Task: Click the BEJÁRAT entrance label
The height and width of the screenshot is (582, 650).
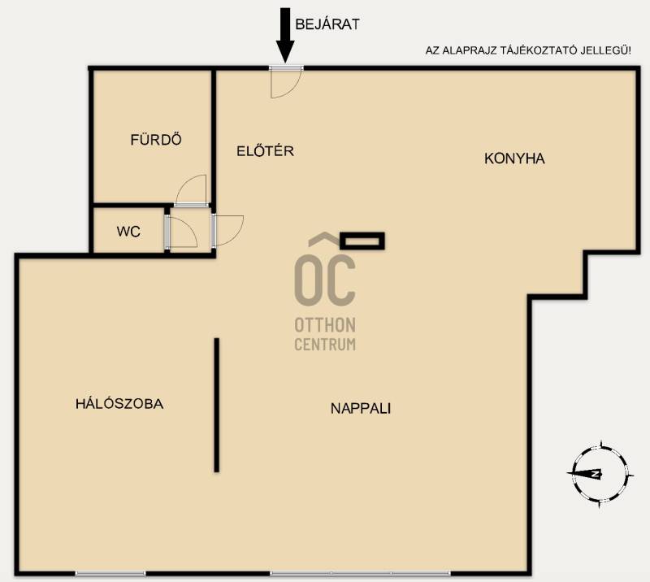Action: click(327, 24)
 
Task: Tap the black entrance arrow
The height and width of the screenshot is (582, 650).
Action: click(285, 35)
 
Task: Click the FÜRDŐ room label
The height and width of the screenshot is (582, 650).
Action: click(156, 139)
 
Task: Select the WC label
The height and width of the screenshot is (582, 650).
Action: click(128, 232)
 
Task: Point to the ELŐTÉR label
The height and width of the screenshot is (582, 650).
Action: click(266, 150)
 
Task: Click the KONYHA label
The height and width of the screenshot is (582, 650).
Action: click(514, 159)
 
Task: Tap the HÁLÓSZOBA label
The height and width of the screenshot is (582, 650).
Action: click(119, 404)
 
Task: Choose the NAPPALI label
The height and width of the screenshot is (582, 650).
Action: click(361, 409)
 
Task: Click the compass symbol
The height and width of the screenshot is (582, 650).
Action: click(600, 474)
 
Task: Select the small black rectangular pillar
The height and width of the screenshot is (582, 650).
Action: click(362, 241)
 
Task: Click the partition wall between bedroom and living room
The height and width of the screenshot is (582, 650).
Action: click(216, 405)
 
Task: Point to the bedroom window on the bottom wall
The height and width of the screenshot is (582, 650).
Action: click(110, 573)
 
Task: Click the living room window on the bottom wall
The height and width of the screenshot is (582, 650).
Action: click(360, 573)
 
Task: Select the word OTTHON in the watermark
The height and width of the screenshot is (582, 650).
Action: click(325, 325)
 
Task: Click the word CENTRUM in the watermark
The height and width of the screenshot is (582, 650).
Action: click(325, 345)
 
